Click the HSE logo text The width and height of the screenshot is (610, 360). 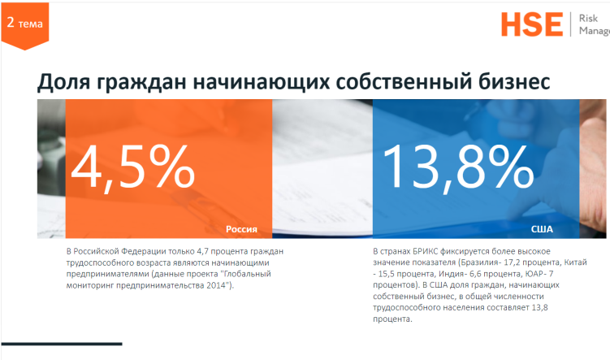[x=531, y=24]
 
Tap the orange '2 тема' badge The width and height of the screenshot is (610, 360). [x=24, y=24]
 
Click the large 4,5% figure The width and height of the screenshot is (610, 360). [x=133, y=166]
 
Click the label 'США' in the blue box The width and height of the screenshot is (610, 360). [x=542, y=230]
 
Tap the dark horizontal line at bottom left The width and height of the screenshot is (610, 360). [x=61, y=344]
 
